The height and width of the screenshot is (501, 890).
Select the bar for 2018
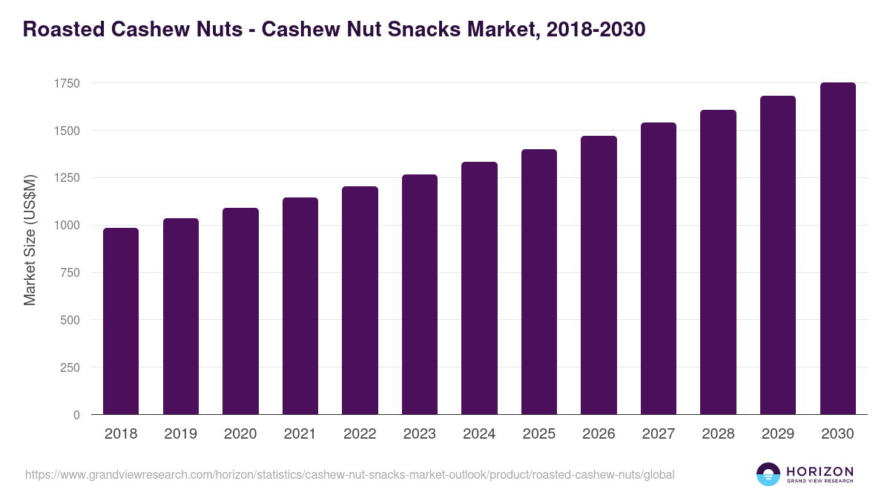(x=121, y=321)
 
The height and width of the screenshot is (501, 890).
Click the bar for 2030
(x=837, y=249)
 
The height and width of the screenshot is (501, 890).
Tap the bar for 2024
(x=479, y=288)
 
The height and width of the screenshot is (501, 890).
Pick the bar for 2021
(x=300, y=306)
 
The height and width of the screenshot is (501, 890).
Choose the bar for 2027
(x=659, y=269)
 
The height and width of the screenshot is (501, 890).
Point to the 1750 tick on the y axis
(x=66, y=83)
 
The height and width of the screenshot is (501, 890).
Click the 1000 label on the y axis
(x=66, y=226)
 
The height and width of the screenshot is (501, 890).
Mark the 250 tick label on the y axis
(x=70, y=367)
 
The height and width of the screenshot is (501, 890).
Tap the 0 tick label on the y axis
(x=76, y=415)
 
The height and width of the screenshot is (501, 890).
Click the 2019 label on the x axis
(x=181, y=434)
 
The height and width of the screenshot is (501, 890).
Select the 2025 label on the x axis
(x=539, y=434)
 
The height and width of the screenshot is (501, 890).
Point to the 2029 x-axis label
(x=778, y=434)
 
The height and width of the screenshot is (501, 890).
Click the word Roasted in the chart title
(x=64, y=30)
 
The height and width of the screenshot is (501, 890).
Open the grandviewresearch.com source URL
(x=349, y=474)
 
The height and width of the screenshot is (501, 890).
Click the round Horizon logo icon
(x=768, y=474)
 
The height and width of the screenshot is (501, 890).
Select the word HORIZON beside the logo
(x=820, y=471)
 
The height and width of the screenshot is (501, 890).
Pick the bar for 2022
(x=360, y=301)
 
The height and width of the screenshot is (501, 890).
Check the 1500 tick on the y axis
(x=66, y=131)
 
